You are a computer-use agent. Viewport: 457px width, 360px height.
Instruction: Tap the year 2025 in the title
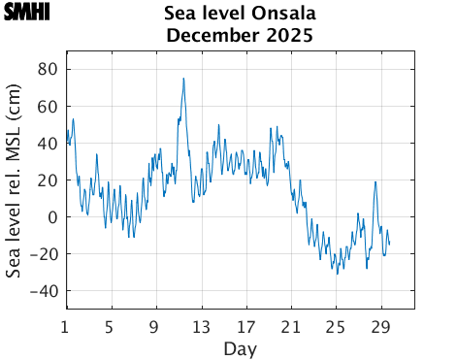coord(286,37)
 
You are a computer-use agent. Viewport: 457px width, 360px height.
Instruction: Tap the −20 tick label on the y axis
coord(45,253)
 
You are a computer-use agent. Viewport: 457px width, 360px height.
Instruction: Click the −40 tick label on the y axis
coord(45,290)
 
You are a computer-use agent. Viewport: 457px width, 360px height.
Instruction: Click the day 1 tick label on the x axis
coord(65,325)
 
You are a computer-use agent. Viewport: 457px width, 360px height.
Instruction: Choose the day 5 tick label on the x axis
coord(110,325)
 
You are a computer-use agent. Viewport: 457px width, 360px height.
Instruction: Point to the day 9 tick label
coord(155,325)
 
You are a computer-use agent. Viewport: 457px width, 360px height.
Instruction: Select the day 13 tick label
coord(200,325)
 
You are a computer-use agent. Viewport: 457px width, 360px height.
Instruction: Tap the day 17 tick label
coord(245,325)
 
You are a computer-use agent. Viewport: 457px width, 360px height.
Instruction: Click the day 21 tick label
coord(290,325)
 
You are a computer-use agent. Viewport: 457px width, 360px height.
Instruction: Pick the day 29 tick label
coord(380,325)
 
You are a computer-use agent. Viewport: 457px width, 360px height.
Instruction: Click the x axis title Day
coord(240,347)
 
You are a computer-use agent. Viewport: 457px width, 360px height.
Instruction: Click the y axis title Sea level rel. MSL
coord(15,180)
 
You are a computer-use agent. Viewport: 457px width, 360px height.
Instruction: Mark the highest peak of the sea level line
coord(183,79)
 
